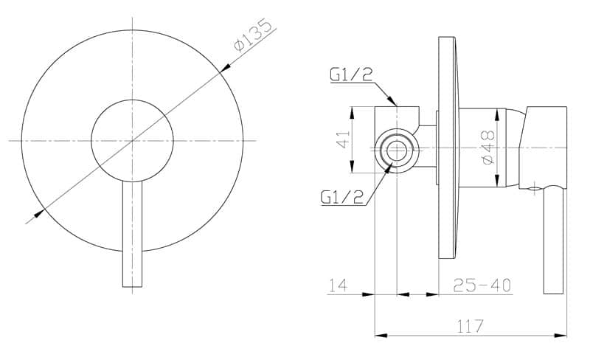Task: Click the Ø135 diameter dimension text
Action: pyautogui.click(x=253, y=35)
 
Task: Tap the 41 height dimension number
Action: pyautogui.click(x=343, y=139)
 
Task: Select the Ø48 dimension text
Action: pyautogui.click(x=488, y=147)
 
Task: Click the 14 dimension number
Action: pyautogui.click(x=339, y=285)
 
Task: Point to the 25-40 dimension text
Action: pyautogui.click(x=482, y=285)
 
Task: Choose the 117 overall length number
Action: pyautogui.click(x=470, y=326)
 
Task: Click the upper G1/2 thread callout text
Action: pyautogui.click(x=351, y=75)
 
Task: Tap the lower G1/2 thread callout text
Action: pyautogui.click(x=342, y=196)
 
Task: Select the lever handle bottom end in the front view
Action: pyautogui.click(x=133, y=286)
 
